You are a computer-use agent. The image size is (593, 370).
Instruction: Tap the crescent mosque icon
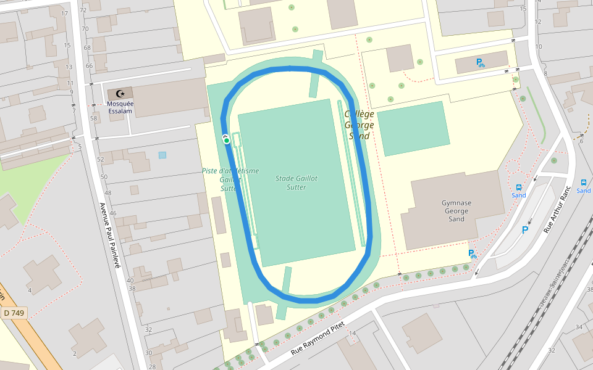point(120,94)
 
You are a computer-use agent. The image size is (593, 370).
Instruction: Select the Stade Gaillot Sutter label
point(296,183)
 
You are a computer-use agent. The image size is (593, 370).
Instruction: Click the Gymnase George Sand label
point(456,211)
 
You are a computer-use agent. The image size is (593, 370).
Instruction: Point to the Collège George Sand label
point(360,125)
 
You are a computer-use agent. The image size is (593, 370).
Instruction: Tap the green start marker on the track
point(227,141)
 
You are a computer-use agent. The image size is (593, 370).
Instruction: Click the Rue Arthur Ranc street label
point(555,210)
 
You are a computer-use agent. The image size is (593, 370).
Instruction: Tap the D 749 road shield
point(14,313)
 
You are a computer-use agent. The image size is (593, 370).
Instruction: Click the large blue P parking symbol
point(525,230)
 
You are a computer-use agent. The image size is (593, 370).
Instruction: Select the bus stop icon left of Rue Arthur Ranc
point(518,187)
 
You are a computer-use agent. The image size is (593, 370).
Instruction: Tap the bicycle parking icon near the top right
point(480,62)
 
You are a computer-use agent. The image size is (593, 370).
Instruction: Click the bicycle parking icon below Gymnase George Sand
point(473,254)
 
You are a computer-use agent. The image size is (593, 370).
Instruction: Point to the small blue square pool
point(162,155)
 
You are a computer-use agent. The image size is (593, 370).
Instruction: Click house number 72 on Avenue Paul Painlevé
point(83,10)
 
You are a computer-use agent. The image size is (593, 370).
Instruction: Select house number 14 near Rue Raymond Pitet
point(353,334)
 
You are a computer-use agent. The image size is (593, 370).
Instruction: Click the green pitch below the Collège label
point(413,128)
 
